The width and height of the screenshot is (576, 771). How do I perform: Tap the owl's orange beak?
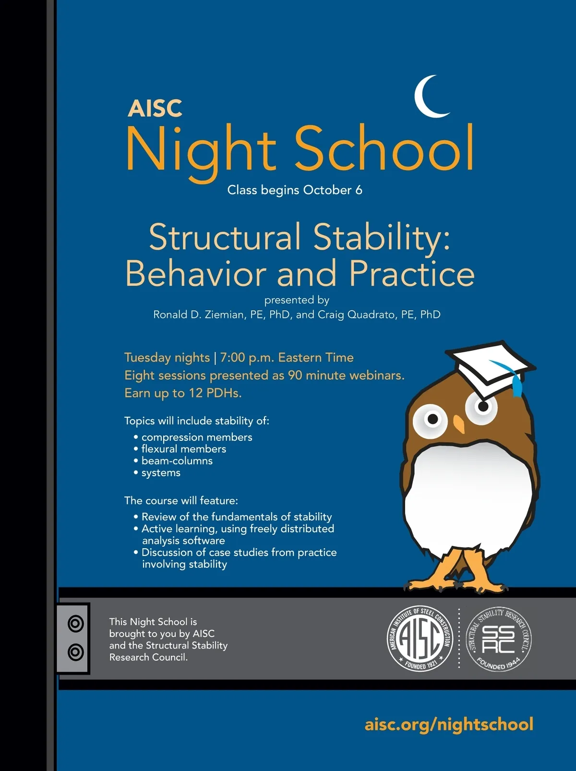click(459, 423)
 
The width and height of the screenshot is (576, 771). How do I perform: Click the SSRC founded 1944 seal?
click(499, 639)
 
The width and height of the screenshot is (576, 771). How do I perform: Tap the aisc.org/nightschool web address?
click(449, 724)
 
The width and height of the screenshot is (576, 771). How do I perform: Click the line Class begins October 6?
click(295, 190)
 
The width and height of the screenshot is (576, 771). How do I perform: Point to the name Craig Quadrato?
click(357, 314)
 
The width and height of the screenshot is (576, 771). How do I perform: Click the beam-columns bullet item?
click(177, 461)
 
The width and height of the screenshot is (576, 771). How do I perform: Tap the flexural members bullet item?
click(183, 449)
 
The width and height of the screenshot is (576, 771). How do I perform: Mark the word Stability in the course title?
click(382, 238)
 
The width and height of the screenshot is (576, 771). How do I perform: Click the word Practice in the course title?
click(412, 274)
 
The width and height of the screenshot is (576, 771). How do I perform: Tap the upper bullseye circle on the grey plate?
click(76, 624)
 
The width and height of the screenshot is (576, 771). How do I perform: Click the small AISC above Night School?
click(155, 109)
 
